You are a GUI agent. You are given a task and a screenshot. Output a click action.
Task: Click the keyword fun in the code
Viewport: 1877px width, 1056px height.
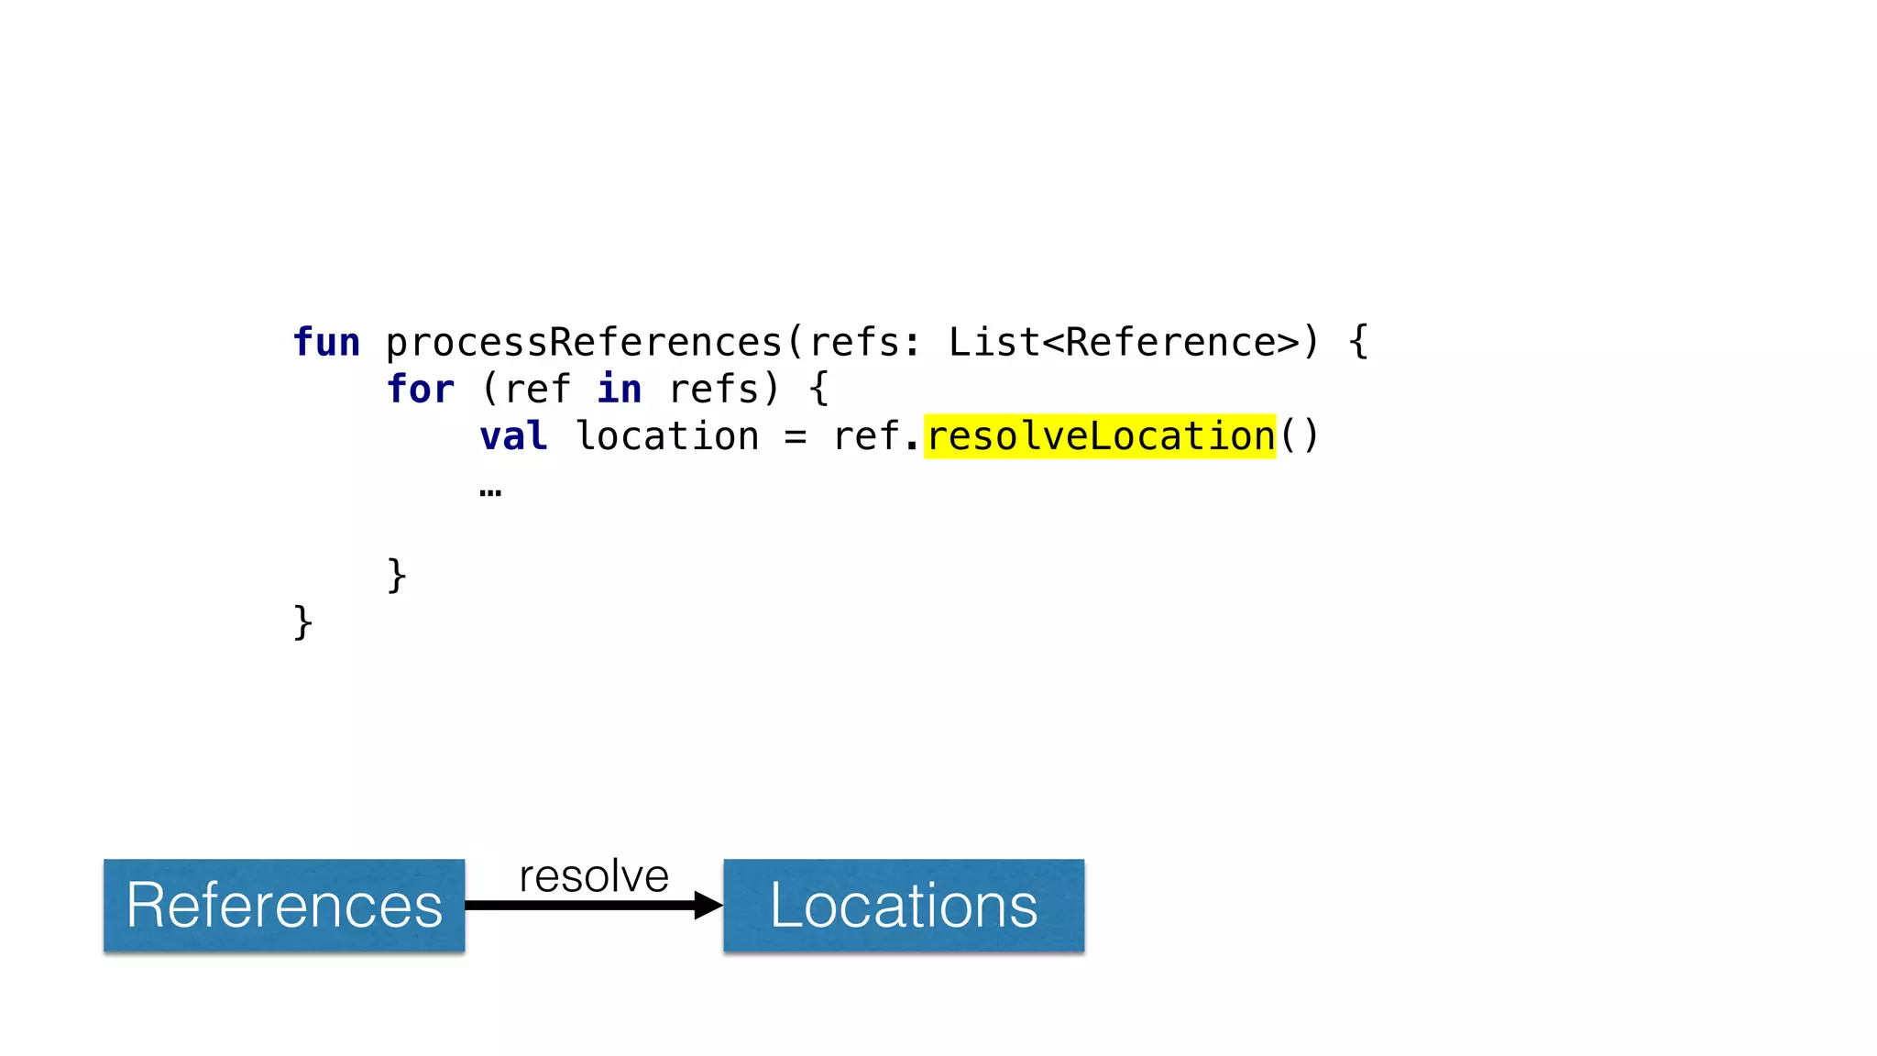tap(326, 343)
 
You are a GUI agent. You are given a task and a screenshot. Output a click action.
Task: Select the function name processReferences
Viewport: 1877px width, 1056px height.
tap(584, 343)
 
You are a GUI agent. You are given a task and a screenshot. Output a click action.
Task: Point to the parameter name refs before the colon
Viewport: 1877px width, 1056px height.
tap(853, 343)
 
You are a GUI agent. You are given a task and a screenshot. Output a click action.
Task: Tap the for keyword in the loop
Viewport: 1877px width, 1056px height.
tap(421, 390)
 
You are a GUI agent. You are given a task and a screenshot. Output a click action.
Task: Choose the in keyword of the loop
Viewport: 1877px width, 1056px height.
tap(620, 390)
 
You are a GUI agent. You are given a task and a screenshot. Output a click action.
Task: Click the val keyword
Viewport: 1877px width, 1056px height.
tap(513, 436)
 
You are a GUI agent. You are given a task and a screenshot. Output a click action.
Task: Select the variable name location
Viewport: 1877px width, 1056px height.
tap(667, 436)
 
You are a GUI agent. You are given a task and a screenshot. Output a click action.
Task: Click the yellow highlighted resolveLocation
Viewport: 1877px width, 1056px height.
tap(1100, 436)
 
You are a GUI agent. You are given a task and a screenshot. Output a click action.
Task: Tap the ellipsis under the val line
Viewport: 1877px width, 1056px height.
tap(490, 493)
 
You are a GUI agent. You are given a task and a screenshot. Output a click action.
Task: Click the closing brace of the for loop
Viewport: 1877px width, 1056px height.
tap(397, 576)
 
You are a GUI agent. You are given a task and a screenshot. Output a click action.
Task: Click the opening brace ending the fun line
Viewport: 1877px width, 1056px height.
tap(1358, 343)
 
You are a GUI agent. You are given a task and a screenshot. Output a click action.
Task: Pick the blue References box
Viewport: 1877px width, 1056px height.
tap(284, 906)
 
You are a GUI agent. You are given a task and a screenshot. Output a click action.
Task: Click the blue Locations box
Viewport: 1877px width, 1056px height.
tap(904, 906)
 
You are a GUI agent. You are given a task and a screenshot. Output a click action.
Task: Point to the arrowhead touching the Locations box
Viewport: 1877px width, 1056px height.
tap(708, 906)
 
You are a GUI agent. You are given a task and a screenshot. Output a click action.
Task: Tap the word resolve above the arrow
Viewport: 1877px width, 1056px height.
tap(594, 876)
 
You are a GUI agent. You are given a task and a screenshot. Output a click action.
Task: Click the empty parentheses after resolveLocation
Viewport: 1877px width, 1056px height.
tap(1299, 436)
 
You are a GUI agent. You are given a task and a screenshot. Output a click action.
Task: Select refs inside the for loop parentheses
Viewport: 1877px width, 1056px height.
tap(714, 390)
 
